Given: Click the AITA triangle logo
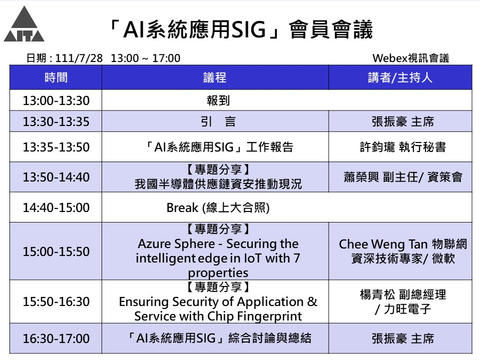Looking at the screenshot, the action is point(24,24).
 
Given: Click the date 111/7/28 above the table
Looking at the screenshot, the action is point(79,58).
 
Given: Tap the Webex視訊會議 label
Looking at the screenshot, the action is point(410,58).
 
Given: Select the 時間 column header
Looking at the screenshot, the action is point(56,77).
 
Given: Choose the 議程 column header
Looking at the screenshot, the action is point(215,77).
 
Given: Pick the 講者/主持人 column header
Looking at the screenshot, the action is point(400,77).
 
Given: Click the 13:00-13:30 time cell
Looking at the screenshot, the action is point(56,100).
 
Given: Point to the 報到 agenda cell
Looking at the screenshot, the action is point(218,100).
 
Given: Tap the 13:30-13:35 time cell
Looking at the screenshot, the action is point(56,121).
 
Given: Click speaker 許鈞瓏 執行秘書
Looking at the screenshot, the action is point(403,147).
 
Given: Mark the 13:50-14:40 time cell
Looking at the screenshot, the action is point(56,177).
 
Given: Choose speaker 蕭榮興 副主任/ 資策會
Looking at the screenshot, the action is point(403,177).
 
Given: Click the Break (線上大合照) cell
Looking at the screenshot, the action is point(218,207).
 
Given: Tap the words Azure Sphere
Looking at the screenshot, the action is point(176,244).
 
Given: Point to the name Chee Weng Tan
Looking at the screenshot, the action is point(383,244).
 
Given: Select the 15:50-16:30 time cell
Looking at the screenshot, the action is point(56,301).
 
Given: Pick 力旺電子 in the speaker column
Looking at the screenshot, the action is point(407,309).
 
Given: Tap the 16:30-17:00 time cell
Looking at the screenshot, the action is point(56,338).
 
